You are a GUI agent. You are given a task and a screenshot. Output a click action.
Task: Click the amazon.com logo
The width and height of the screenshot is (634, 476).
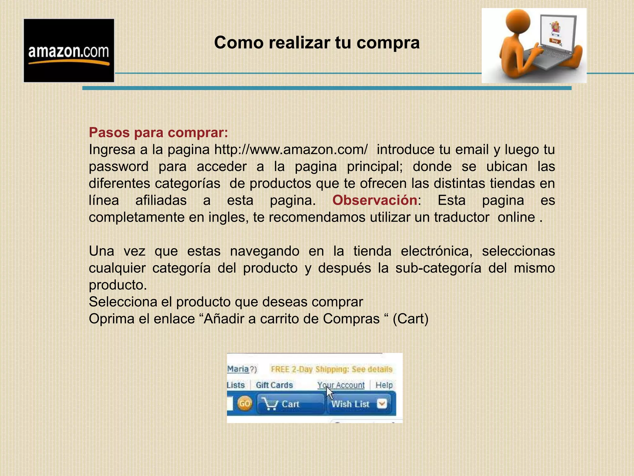(x=69, y=51)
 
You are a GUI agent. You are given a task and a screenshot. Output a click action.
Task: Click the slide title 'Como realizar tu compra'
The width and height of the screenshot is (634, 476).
(x=317, y=42)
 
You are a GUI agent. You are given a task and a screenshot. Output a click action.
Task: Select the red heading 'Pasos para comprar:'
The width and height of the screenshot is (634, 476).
(x=158, y=133)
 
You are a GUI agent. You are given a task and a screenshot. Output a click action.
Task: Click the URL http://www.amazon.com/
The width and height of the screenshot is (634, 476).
(x=291, y=150)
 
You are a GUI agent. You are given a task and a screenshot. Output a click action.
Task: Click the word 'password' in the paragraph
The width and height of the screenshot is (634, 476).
(x=119, y=167)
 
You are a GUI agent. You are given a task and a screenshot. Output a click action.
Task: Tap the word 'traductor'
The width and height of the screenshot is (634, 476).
(x=462, y=217)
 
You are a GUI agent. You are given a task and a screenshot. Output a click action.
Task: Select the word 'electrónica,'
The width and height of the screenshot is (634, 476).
(x=436, y=251)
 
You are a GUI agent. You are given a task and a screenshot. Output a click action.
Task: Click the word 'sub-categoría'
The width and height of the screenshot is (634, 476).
(x=438, y=268)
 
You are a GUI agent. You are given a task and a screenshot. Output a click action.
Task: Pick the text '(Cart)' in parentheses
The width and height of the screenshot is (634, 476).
(x=410, y=319)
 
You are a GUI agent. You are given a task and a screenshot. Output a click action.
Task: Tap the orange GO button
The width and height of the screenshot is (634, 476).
(x=245, y=404)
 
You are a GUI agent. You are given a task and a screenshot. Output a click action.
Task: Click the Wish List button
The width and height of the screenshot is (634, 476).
(x=350, y=404)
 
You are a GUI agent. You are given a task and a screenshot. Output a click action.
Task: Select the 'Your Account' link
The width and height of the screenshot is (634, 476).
(x=341, y=385)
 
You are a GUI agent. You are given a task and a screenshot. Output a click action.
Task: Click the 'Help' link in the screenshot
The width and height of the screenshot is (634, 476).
(x=384, y=385)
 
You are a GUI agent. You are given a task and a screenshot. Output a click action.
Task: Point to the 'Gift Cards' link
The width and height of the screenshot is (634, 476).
(x=274, y=385)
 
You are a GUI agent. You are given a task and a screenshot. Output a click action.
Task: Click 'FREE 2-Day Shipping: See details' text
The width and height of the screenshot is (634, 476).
(x=332, y=369)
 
